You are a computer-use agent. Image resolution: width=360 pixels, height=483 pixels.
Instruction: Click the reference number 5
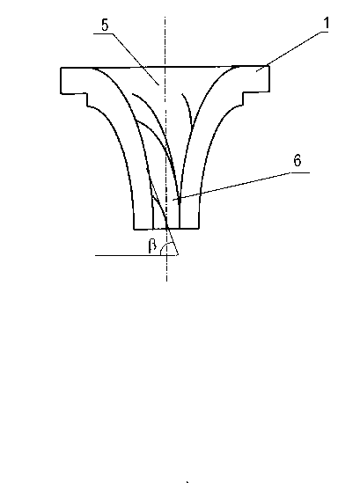pyautogui.click(x=105, y=25)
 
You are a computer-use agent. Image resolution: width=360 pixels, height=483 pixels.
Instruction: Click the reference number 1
pyautogui.click(x=326, y=23)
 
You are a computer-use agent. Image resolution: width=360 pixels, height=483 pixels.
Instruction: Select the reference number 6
pyautogui.click(x=298, y=160)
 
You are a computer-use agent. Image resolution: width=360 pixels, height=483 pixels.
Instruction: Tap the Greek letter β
pyautogui.click(x=152, y=245)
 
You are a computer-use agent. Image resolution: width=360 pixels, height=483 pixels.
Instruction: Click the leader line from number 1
pyautogui.click(x=292, y=51)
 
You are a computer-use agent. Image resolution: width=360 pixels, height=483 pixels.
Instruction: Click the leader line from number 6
pyautogui.click(x=231, y=187)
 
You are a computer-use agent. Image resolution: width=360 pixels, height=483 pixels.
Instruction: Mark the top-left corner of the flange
pyautogui.click(x=61, y=68)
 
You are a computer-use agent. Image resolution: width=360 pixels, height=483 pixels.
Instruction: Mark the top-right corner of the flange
pyautogui.click(x=269, y=66)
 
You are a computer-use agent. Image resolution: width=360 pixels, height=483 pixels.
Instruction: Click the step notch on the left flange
pyautogui.click(x=87, y=99)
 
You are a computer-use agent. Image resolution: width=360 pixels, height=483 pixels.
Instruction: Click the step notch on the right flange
pyautogui.click(x=243, y=99)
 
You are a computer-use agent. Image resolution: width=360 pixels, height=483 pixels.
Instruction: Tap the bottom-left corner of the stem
pyautogui.click(x=134, y=229)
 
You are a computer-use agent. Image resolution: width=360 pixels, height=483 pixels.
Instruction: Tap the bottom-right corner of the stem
pyautogui.click(x=199, y=229)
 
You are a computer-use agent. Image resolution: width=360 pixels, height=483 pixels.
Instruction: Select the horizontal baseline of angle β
pyautogui.click(x=136, y=255)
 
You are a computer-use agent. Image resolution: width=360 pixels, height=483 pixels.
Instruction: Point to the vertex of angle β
pyautogui.click(x=178, y=255)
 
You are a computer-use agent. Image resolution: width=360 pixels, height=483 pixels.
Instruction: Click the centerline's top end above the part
pyautogui.click(x=165, y=18)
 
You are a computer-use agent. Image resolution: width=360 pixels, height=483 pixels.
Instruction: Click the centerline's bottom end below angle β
pyautogui.click(x=166, y=281)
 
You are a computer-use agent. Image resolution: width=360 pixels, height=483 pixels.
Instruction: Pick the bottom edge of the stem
pyautogui.click(x=166, y=229)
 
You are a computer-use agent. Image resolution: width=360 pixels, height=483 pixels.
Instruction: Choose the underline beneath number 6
pyautogui.click(x=300, y=172)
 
